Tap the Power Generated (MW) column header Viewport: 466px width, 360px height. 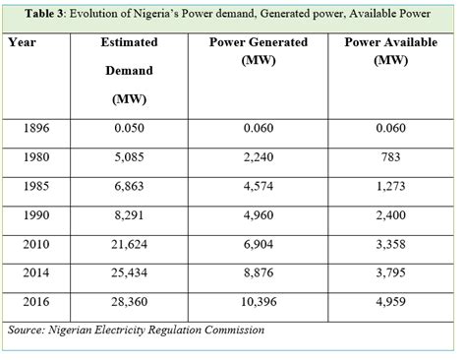[x=258, y=51]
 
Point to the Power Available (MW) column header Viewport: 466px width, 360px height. [x=390, y=51]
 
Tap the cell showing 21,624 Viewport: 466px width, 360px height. [x=130, y=239]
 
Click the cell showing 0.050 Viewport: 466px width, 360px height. [x=130, y=127]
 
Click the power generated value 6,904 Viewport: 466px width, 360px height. [x=259, y=239]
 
